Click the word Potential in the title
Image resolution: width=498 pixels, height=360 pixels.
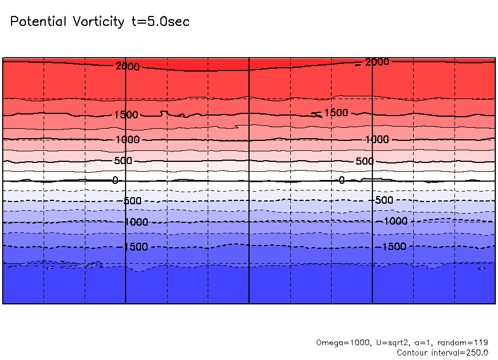(x=37, y=22)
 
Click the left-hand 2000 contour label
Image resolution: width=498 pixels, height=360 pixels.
(x=128, y=67)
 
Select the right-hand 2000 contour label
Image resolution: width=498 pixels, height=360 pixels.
(x=377, y=62)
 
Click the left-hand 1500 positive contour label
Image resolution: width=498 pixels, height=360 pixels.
(x=127, y=114)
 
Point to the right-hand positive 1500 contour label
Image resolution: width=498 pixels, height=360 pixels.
(x=335, y=113)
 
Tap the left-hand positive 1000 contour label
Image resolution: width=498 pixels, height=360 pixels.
(x=128, y=140)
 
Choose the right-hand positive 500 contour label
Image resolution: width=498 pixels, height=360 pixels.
(x=364, y=161)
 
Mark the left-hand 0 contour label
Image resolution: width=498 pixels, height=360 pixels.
(x=115, y=181)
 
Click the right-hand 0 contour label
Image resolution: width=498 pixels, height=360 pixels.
(x=342, y=180)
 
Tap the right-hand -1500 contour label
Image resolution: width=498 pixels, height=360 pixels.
(x=393, y=246)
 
